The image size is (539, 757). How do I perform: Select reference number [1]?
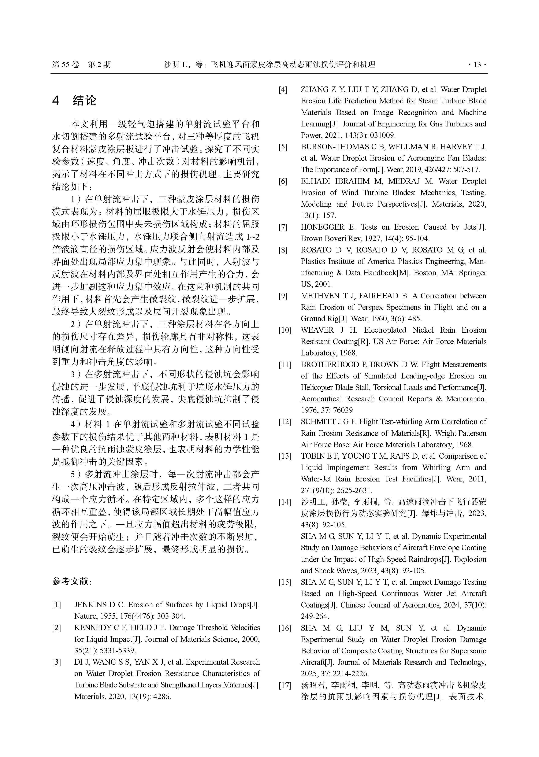[x=56, y=605]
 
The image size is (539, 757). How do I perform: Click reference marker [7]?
[x=283, y=228]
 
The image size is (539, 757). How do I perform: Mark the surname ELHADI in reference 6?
[x=316, y=181]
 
